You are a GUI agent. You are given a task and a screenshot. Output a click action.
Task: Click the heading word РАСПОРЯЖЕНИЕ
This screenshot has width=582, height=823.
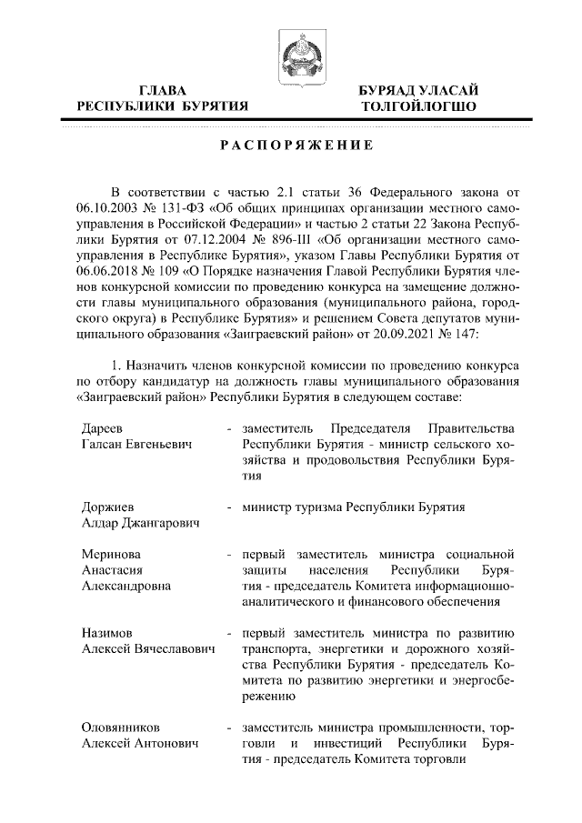[290, 146]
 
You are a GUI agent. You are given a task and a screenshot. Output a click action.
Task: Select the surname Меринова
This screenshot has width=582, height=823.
[110, 553]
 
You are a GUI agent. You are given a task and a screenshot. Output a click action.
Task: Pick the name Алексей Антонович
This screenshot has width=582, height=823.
[138, 745]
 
